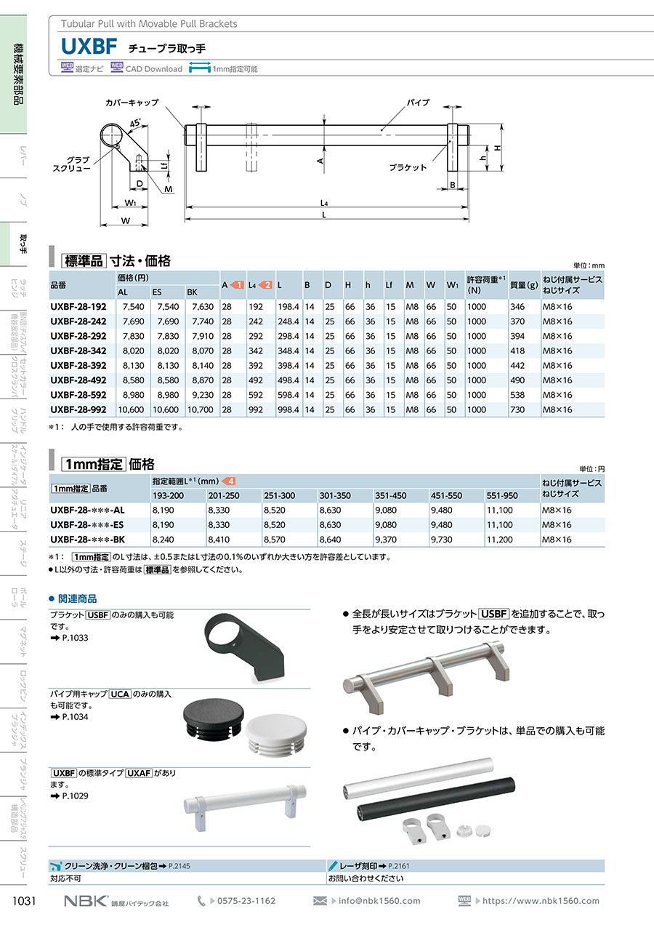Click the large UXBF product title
(x=89, y=47)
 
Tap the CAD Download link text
(x=153, y=69)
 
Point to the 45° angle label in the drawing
(x=135, y=123)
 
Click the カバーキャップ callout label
(x=132, y=103)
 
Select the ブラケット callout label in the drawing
(x=408, y=167)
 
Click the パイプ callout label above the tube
(x=418, y=102)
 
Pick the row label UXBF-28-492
(x=78, y=380)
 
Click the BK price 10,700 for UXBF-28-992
(x=201, y=409)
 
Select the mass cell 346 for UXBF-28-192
(x=517, y=307)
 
